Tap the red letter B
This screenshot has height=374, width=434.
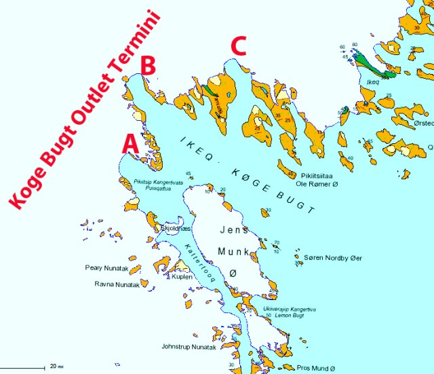point(149,65)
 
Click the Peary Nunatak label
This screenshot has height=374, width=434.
point(103,267)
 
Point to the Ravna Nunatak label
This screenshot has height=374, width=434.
point(117,284)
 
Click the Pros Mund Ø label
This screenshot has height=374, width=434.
point(316,368)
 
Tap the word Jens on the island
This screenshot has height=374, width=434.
point(235,230)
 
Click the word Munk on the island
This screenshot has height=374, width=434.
point(231,251)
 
